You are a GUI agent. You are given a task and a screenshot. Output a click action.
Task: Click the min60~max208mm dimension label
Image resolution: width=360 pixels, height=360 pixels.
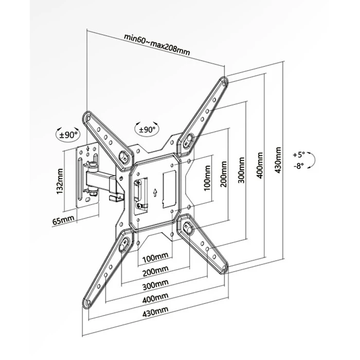157,45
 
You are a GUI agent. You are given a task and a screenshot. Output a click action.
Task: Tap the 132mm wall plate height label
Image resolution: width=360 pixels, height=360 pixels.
60,181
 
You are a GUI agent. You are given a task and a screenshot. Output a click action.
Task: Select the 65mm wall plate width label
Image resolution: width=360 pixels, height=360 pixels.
63,221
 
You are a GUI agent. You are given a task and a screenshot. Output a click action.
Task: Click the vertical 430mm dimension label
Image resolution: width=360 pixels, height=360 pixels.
278,160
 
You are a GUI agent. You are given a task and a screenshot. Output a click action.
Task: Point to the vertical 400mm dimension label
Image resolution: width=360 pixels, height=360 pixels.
260,165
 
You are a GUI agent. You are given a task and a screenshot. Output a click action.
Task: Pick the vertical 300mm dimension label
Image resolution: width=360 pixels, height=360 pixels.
241,170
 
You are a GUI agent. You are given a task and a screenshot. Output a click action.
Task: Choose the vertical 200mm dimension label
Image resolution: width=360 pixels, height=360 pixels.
224,174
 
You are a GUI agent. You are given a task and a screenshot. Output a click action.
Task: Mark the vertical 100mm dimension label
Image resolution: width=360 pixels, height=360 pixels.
207,178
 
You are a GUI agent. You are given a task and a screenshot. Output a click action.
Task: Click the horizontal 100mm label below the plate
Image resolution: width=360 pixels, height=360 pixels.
155,258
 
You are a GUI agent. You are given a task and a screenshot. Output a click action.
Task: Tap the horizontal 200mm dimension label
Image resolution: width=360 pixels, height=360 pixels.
155,272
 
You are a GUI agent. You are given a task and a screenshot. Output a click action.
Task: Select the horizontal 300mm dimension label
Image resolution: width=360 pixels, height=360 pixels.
155,285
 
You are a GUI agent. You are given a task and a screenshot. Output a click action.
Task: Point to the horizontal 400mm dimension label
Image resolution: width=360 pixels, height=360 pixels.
155,298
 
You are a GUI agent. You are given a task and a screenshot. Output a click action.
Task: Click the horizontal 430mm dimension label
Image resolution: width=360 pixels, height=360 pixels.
155,312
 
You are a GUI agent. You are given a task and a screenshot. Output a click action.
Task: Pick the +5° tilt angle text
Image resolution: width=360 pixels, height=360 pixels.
298,155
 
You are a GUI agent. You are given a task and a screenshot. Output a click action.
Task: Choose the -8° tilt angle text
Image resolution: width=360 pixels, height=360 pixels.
299,166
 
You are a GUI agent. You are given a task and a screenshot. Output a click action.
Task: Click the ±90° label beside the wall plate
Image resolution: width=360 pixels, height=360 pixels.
68,135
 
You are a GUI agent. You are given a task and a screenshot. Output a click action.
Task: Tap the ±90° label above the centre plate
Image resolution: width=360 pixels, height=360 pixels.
147,130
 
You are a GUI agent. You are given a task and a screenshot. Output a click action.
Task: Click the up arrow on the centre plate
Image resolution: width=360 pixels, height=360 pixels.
155,192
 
